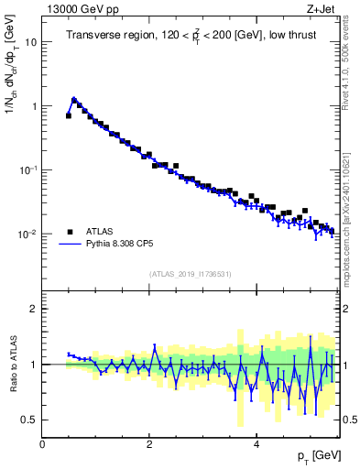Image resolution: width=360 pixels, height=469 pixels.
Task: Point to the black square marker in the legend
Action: pos(70,232)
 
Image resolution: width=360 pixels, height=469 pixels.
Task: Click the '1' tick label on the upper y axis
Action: pos(35,106)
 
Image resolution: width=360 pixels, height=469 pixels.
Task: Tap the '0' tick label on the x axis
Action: pos(42,445)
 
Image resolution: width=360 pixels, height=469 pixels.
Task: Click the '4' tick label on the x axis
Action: pos(256,445)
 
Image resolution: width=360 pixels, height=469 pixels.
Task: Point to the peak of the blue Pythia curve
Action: pos(74,99)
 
